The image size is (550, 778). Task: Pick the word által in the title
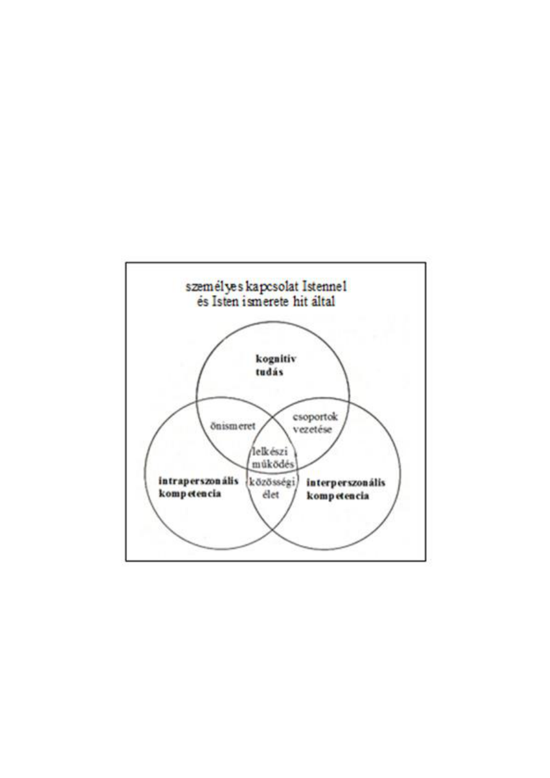click(323, 301)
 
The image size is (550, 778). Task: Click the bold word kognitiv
click(276, 359)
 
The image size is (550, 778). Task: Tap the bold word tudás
click(269, 372)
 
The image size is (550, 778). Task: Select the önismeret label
click(233, 426)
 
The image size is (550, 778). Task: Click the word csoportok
click(315, 417)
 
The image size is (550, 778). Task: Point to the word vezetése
click(312, 429)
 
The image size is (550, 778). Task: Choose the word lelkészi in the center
click(270, 452)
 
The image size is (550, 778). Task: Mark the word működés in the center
click(273, 464)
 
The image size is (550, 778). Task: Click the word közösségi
click(272, 482)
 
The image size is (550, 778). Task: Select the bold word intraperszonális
click(198, 481)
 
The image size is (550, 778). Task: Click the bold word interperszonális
click(346, 483)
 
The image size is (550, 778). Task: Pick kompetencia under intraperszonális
click(190, 494)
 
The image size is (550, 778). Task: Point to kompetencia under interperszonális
click(338, 496)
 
